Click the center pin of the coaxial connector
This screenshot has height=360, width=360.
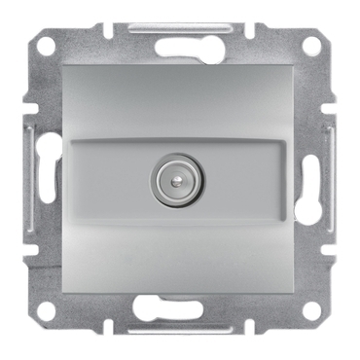coord(181,182)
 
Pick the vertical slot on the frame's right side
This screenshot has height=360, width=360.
coord(314,179)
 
